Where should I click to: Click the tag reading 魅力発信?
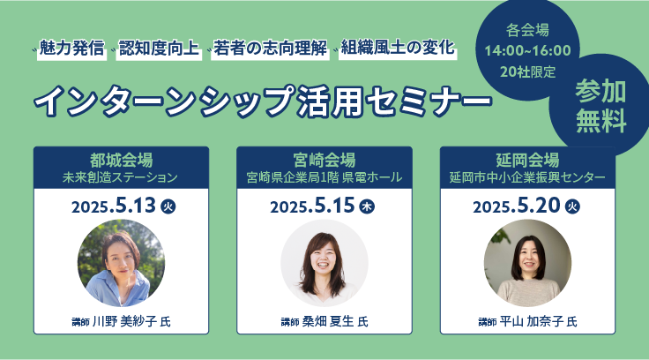coord(71,49)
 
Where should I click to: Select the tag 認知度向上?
coord(159,49)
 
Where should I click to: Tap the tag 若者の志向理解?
coord(271,49)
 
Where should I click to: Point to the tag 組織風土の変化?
coord(398,49)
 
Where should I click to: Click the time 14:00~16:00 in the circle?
coord(527,50)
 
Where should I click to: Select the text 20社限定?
coord(527,72)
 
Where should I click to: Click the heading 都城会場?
coord(122,160)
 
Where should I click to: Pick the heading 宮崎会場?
coord(324,160)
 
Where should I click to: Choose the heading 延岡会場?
coord(527,160)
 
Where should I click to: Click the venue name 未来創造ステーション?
coord(120,177)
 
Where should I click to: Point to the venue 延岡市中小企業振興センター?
coord(527,177)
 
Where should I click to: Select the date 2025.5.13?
coord(114,206)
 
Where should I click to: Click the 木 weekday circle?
coord(367,206)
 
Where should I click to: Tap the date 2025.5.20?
coord(516,206)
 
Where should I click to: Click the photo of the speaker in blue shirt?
coord(122,263)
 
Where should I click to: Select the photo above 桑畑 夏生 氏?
coord(324,263)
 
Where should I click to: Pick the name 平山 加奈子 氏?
coord(538,321)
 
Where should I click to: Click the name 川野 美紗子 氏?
coord(131,321)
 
